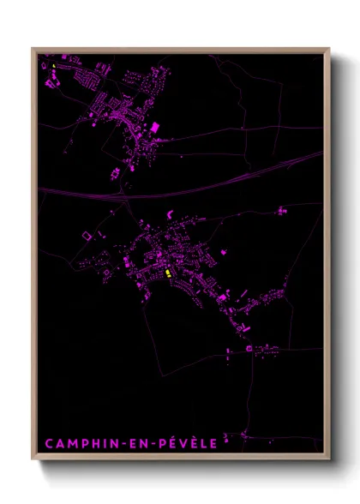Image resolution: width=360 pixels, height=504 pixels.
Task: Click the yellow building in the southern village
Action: coord(167,273)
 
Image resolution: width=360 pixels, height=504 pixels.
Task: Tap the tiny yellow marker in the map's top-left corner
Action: coord(53,65)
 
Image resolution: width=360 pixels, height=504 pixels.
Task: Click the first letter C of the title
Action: coord(48,443)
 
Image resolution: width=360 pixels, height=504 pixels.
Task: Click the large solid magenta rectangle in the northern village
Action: coord(155,127)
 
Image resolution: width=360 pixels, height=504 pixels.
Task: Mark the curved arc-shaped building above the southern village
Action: coord(171,213)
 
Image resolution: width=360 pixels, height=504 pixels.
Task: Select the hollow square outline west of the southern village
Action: coord(84,234)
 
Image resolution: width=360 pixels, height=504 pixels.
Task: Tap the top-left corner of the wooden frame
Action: coord(33,49)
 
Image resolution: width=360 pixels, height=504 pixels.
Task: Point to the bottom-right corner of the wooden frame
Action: coord(330,461)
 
